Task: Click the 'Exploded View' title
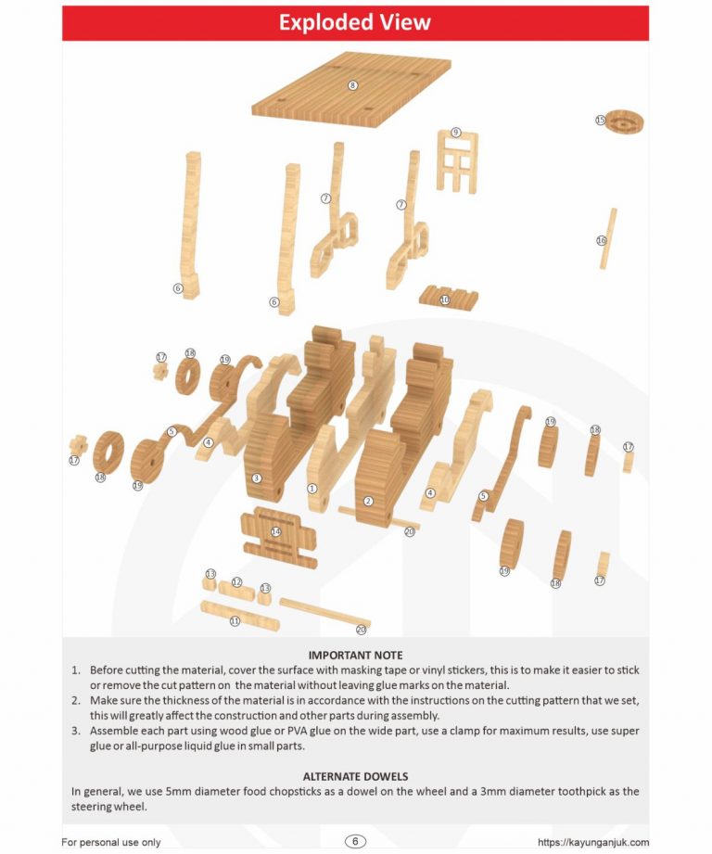(355, 22)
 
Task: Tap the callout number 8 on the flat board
(352, 85)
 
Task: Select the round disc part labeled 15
(624, 121)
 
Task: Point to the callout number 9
(456, 133)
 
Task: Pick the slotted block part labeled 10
(449, 297)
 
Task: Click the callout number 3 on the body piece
(257, 478)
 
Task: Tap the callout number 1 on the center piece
(311, 488)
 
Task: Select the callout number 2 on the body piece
(369, 501)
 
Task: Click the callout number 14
(276, 531)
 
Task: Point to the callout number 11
(235, 621)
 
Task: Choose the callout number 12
(236, 582)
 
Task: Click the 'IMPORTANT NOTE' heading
(355, 656)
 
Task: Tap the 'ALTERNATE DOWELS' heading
(355, 776)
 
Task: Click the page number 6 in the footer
(355, 841)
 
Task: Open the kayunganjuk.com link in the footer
(592, 842)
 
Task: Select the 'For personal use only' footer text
(111, 842)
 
